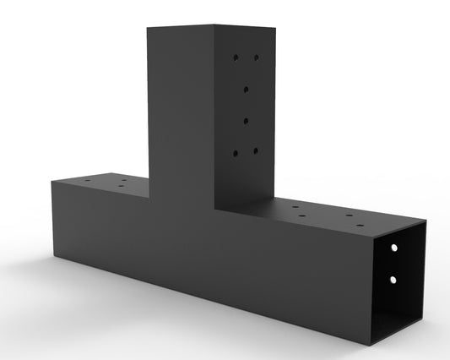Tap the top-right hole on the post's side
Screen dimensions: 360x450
tap(255, 59)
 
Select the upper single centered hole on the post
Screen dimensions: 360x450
tap(246, 88)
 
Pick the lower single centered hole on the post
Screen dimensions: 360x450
tap(246, 121)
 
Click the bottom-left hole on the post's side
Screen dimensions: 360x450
tap(237, 152)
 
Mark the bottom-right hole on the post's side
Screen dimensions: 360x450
tap(255, 151)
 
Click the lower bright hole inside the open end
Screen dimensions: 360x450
tap(393, 278)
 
